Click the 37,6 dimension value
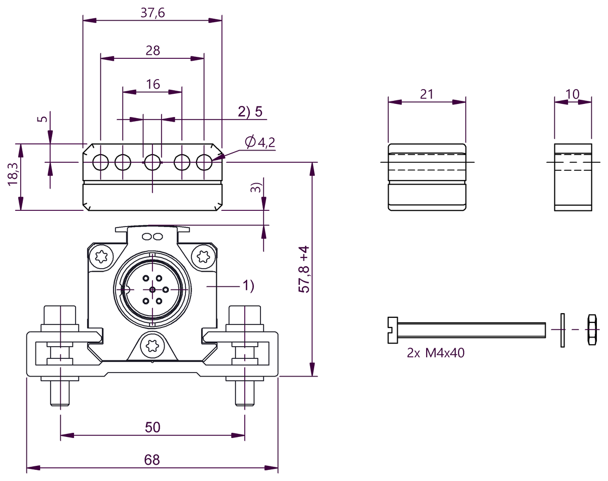point(153,13)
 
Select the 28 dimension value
point(153,51)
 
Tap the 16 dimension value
point(153,84)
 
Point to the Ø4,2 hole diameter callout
point(260,142)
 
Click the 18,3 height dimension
point(13,174)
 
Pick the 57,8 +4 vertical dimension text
point(304,269)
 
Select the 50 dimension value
point(153,427)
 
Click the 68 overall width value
point(152,460)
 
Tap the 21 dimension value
point(427,94)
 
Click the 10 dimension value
point(573,94)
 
